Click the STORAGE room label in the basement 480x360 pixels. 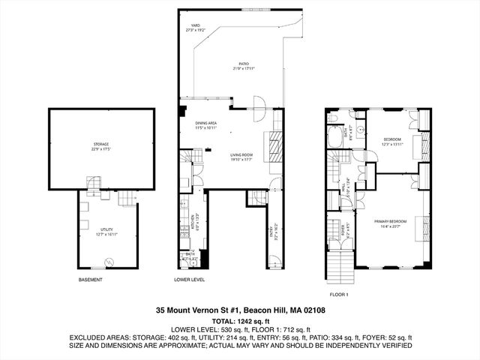click(101, 145)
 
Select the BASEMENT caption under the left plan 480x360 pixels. click(90, 280)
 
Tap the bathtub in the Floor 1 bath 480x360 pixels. click(334, 137)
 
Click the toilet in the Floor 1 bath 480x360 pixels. click(333, 118)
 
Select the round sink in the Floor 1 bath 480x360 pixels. click(358, 128)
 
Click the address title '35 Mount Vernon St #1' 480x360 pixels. click(240, 310)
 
